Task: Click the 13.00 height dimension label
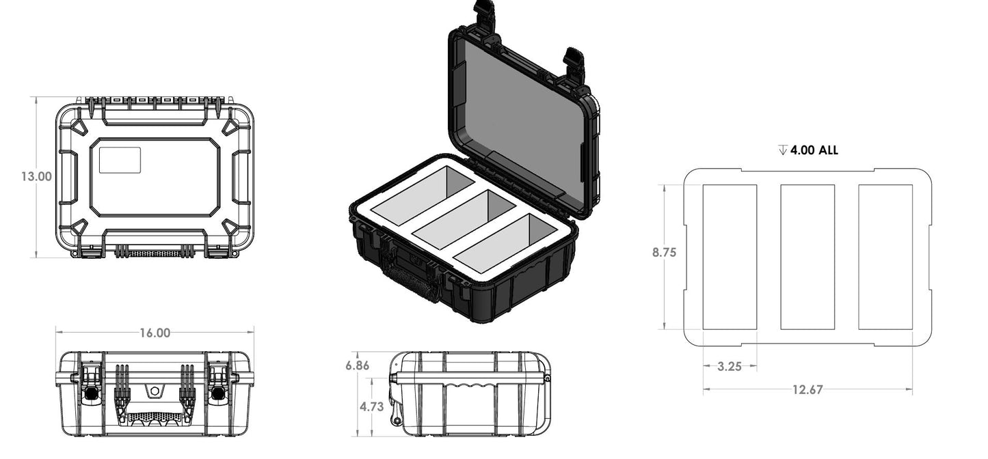(x=36, y=176)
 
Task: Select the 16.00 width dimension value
(x=155, y=333)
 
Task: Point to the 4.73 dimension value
(x=371, y=406)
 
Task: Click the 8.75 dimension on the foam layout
(x=664, y=252)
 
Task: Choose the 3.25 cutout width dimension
(x=730, y=366)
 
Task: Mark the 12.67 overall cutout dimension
(x=807, y=390)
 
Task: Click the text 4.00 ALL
(x=814, y=150)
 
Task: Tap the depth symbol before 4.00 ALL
(x=782, y=150)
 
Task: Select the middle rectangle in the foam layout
(x=807, y=257)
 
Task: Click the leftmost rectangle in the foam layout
(x=730, y=257)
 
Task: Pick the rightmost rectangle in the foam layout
(x=885, y=257)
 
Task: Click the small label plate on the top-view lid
(x=120, y=160)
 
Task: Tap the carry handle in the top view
(x=155, y=252)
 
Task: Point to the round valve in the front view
(x=155, y=391)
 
